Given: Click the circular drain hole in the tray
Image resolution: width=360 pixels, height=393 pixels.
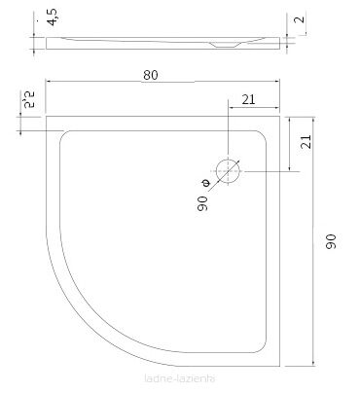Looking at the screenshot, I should [229, 170].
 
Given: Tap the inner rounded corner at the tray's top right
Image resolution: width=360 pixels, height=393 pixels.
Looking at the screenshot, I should [264, 136].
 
